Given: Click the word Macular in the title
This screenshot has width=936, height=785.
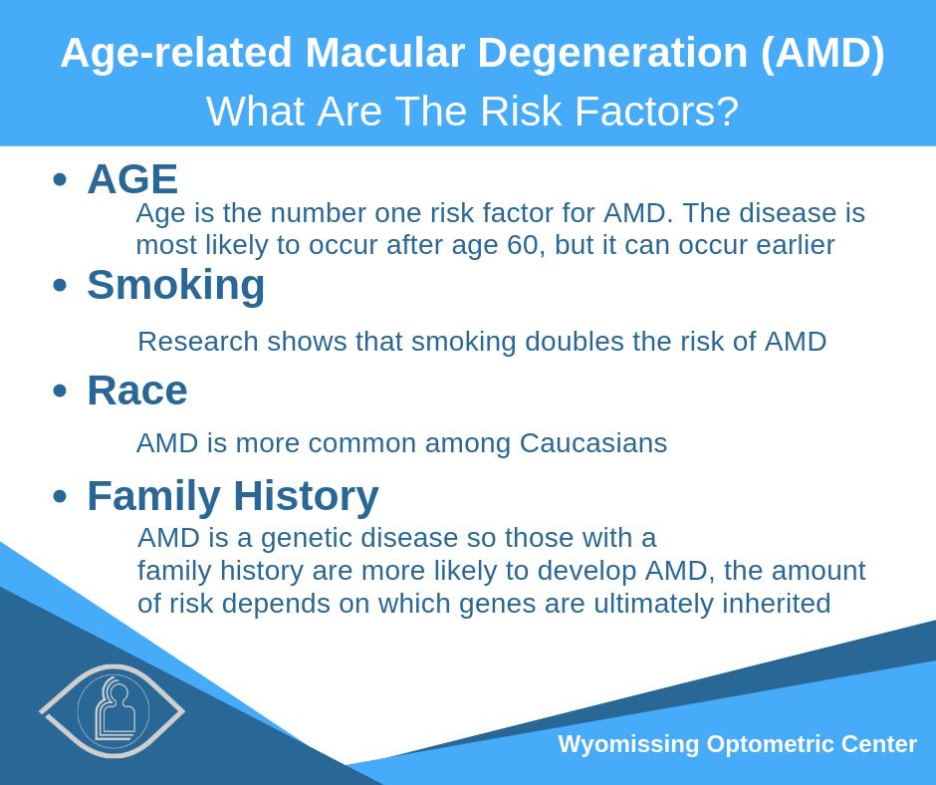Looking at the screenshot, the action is pos(384,53).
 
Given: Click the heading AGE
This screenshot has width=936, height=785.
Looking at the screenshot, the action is pos(132,178).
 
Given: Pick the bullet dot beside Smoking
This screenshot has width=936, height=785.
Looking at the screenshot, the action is pos(60,285).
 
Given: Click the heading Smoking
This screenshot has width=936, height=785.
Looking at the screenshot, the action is pos(176,285).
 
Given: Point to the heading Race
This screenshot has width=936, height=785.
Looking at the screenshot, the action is pos(137,391).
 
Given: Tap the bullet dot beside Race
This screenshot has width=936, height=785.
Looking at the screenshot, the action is pos(60,392).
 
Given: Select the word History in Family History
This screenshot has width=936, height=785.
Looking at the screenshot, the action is pos(306,497).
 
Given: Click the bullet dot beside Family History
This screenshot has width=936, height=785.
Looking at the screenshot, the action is pos(60,496).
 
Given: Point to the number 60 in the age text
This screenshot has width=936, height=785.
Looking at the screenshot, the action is pos(525,245).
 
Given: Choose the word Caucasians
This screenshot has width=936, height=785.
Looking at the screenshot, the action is pos(593,443).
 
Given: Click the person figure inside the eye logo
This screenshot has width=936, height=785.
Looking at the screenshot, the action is pos(116,709).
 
